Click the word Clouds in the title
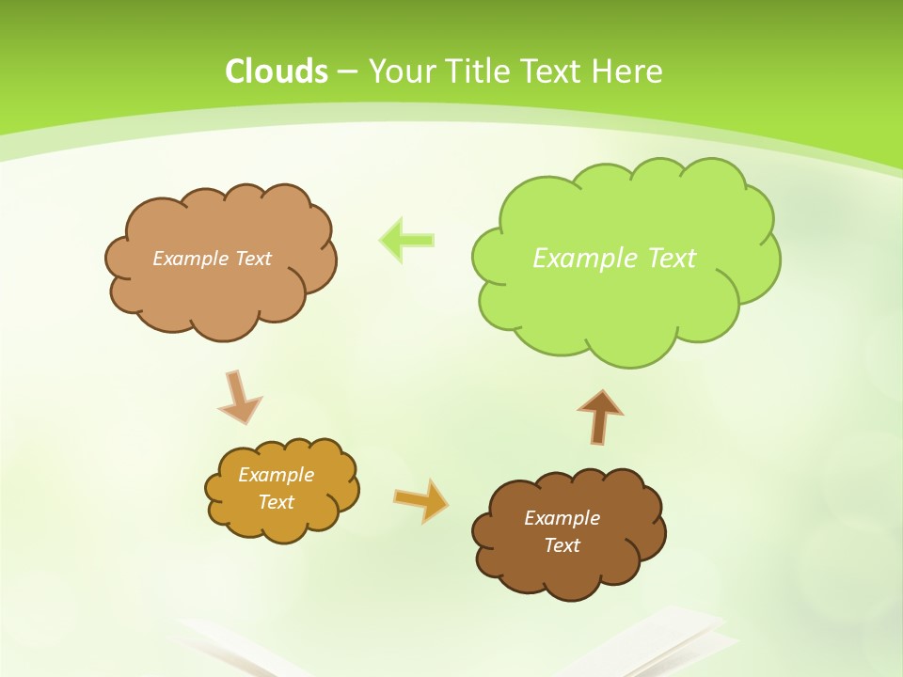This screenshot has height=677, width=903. point(277,71)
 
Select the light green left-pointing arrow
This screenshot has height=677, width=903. point(406,239)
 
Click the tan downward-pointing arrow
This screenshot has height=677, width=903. point(239,397)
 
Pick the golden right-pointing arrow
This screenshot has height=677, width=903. point(420,499)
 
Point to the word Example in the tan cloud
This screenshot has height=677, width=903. point(189,258)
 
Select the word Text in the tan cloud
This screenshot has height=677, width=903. point(252,258)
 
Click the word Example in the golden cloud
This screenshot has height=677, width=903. point(276,475)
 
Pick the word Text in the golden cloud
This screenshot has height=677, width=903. point(276,502)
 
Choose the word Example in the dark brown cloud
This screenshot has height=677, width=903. point(562,518)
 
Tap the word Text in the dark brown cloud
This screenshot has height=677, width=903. point(562,545)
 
